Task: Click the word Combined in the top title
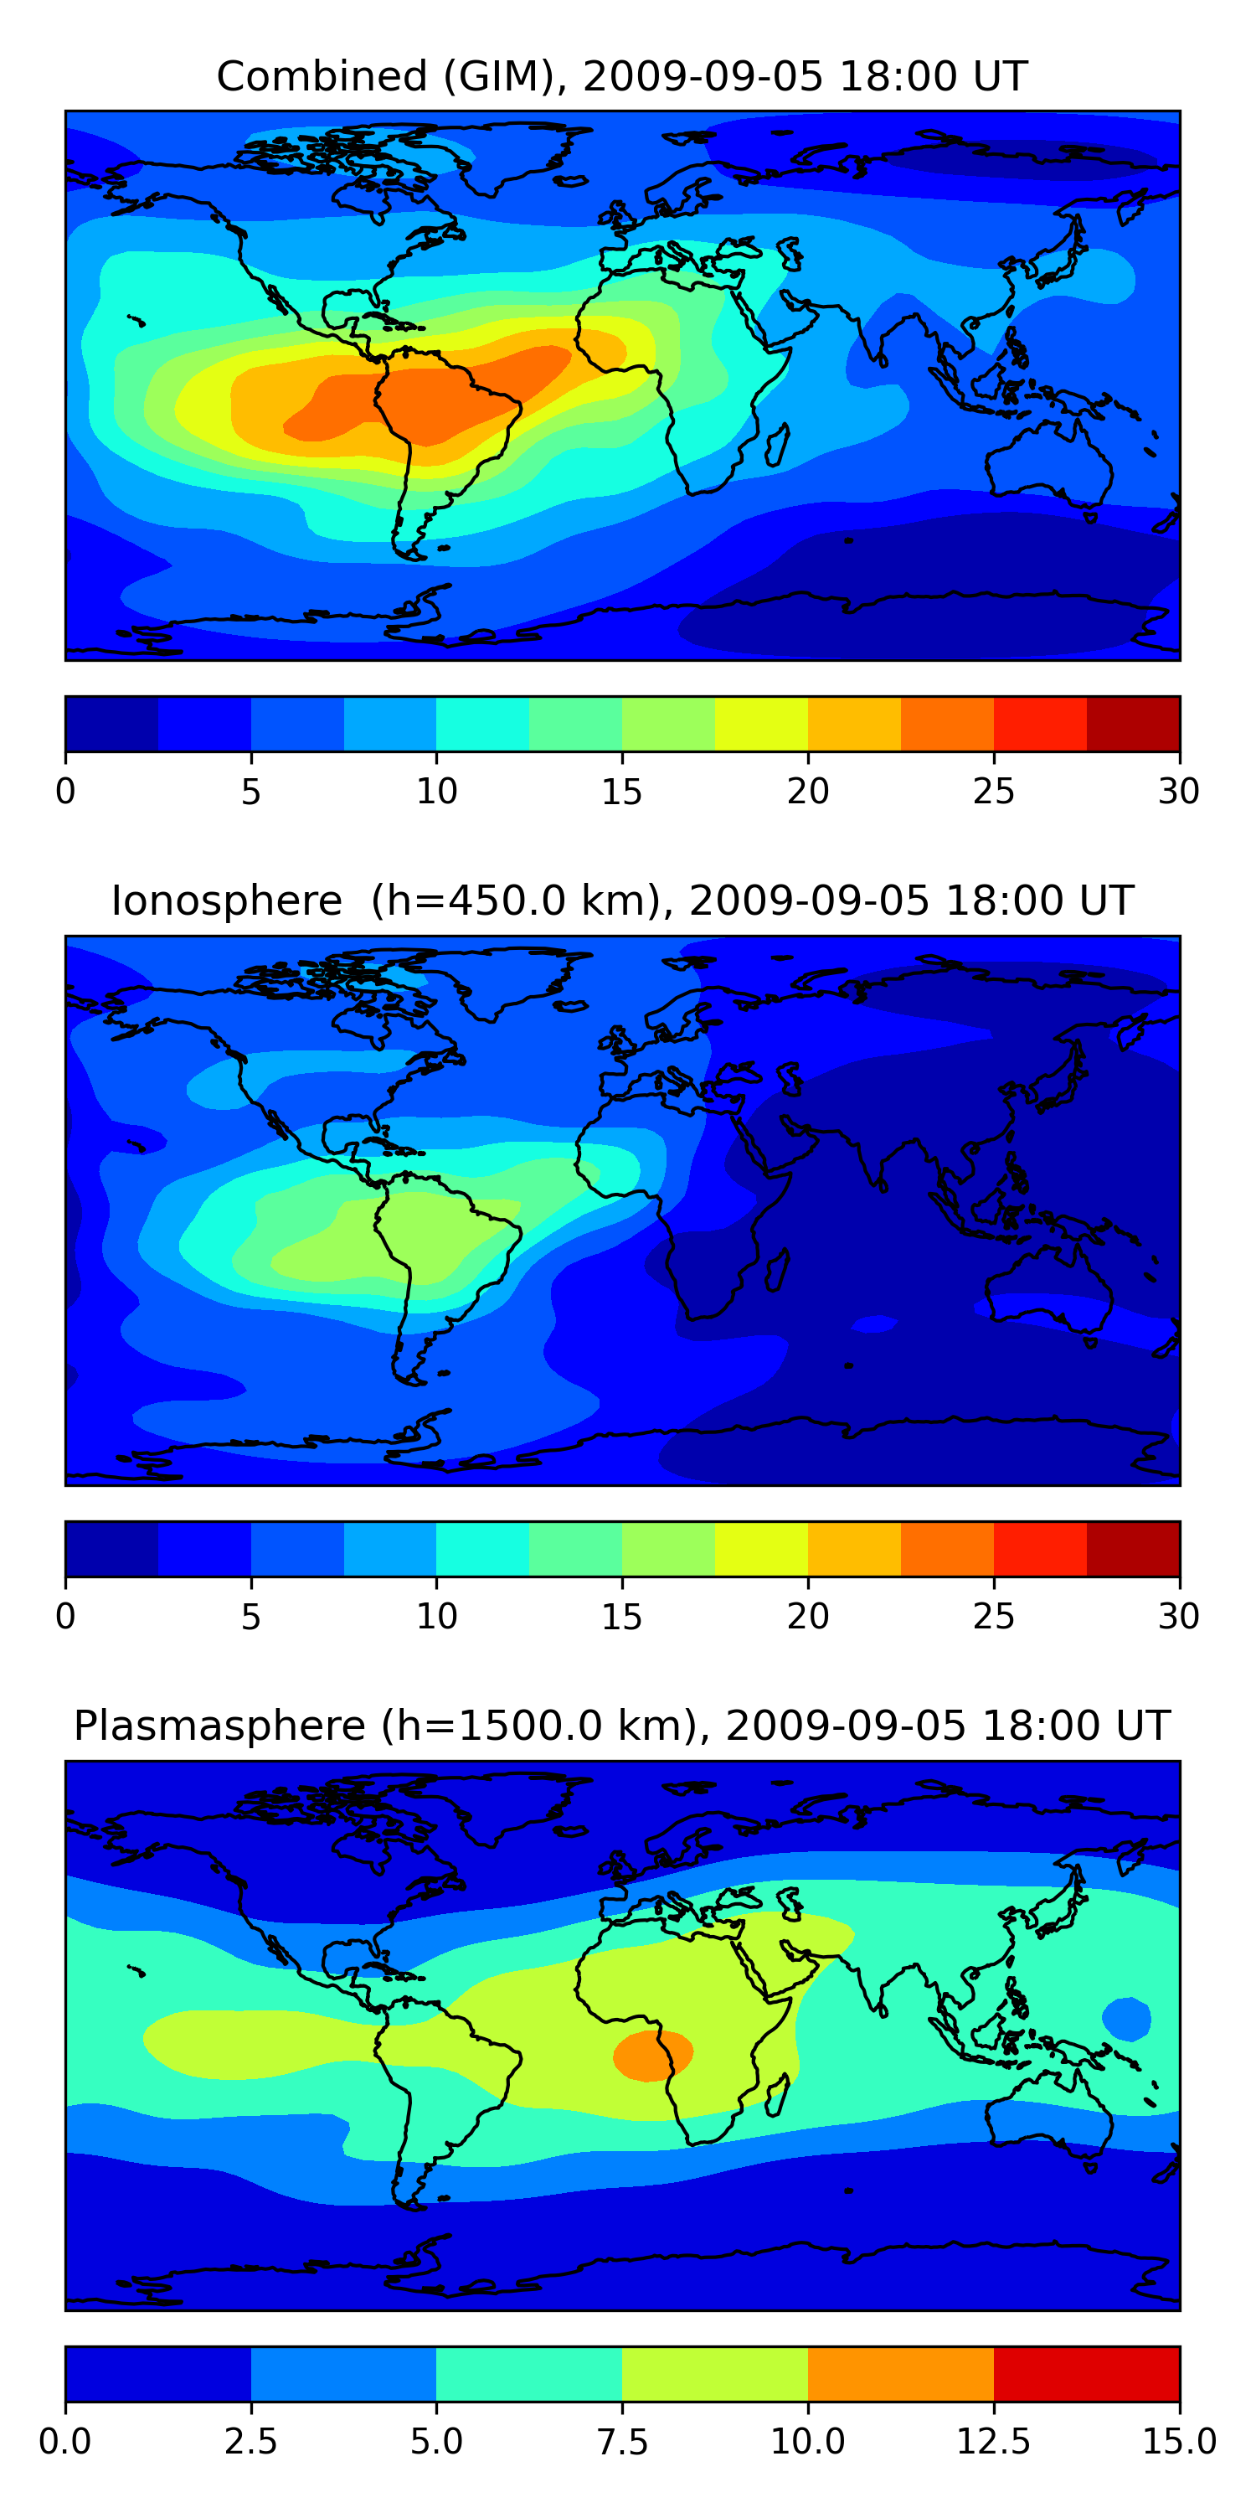[x=322, y=76]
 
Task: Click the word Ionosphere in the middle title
[x=226, y=900]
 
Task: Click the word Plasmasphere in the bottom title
[x=219, y=1726]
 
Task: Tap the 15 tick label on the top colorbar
[x=622, y=791]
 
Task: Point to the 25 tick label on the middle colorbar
[x=994, y=1617]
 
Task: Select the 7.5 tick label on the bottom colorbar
[x=622, y=2442]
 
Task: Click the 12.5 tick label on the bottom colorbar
[x=994, y=2442]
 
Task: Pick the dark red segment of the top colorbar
[x=1133, y=724]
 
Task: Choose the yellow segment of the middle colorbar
[x=762, y=1549]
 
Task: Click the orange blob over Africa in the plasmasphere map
[x=652, y=2056]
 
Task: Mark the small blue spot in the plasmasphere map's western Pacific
[x=1126, y=2019]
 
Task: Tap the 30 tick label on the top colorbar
[x=1179, y=791]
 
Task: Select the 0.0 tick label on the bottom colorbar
[x=65, y=2442]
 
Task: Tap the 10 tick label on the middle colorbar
[x=437, y=1617]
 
